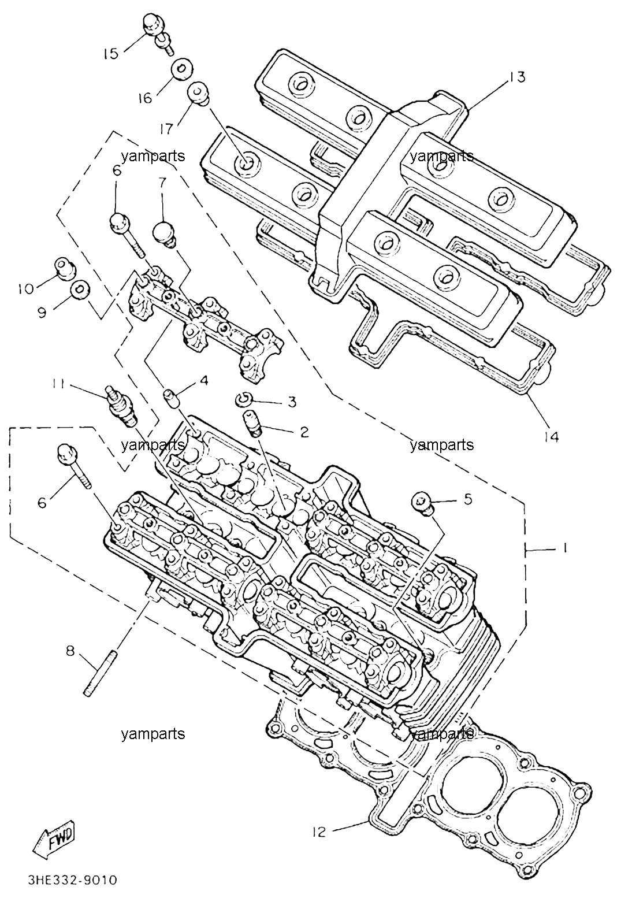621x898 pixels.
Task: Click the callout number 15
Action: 111,53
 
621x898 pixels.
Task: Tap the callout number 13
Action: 516,77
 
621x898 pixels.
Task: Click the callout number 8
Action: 70,651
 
